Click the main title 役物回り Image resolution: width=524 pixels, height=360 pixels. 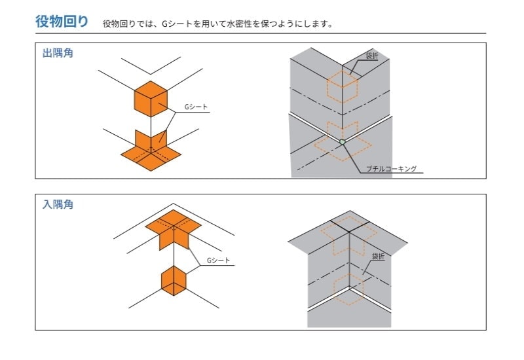click(x=62, y=21)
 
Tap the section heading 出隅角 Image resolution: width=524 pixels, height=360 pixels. click(x=58, y=53)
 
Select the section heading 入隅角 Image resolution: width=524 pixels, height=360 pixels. click(x=58, y=204)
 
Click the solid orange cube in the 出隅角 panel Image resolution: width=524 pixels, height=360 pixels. click(x=151, y=99)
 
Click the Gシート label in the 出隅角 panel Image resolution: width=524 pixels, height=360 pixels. click(x=196, y=106)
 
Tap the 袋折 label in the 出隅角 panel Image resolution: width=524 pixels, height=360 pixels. click(x=371, y=57)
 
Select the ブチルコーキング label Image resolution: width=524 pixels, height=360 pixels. click(x=392, y=168)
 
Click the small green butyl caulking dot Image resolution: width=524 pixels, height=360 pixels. click(x=342, y=141)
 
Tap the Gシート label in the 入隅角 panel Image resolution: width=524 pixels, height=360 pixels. click(x=218, y=260)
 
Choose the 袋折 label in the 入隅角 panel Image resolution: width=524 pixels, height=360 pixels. click(x=377, y=257)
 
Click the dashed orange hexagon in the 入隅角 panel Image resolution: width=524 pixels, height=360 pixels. click(x=350, y=289)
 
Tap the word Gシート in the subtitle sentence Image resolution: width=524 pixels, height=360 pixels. click(x=175, y=24)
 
